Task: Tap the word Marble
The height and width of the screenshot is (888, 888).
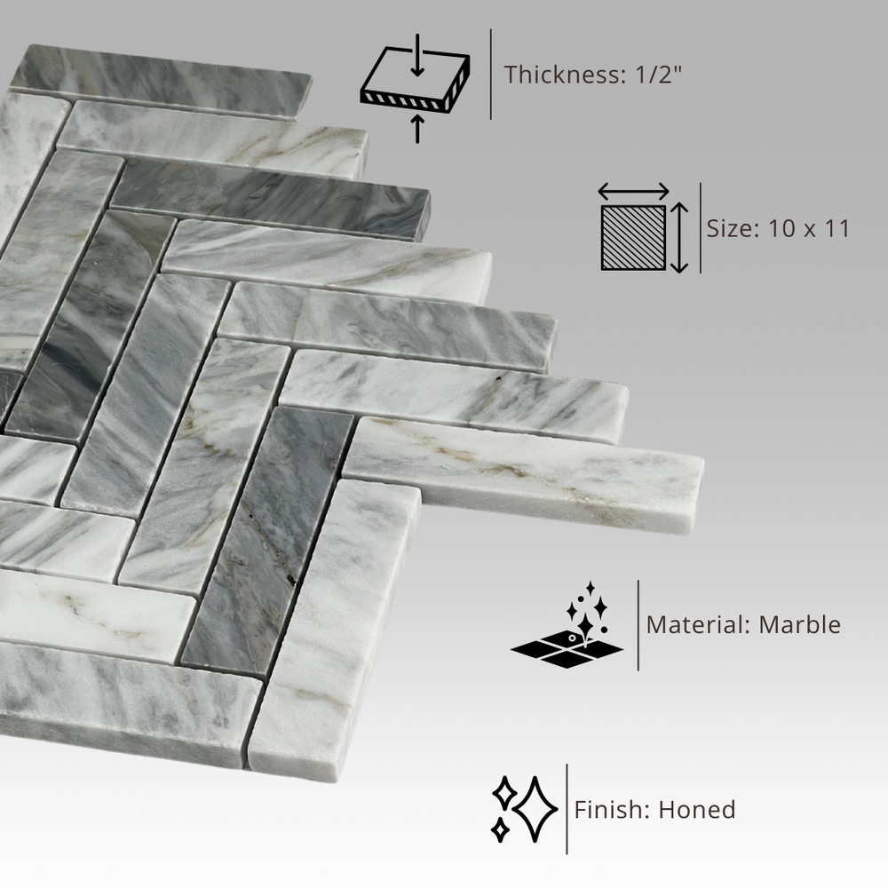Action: click(x=799, y=624)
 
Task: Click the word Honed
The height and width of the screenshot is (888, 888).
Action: click(x=696, y=810)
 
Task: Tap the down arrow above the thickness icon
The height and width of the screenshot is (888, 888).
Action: click(x=417, y=54)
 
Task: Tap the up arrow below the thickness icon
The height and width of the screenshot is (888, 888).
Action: click(x=417, y=128)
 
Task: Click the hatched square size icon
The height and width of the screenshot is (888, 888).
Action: click(x=633, y=238)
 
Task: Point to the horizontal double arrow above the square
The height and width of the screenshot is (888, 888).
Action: click(x=634, y=192)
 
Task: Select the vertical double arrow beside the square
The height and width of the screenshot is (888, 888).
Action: click(x=679, y=238)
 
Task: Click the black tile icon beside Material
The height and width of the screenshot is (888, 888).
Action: click(x=567, y=648)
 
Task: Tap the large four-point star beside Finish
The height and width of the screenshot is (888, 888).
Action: click(x=535, y=810)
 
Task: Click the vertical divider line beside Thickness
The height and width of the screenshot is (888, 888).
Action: click(x=490, y=75)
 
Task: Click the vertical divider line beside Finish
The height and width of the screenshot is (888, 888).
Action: click(x=567, y=809)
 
